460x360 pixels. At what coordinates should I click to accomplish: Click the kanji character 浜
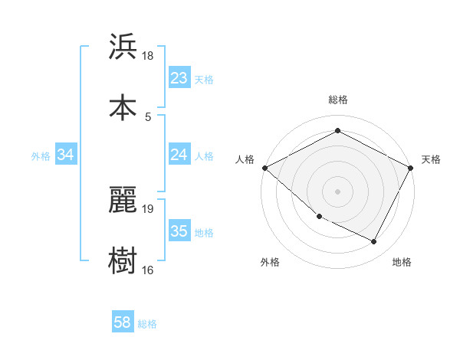123,47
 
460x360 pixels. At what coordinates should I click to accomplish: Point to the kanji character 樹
123,260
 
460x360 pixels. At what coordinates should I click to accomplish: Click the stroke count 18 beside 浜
148,56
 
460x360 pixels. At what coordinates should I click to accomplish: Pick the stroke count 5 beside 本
148,116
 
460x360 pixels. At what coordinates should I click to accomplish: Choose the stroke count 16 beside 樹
148,269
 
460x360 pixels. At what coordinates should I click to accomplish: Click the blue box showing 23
179,78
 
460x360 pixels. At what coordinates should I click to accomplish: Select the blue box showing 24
179,155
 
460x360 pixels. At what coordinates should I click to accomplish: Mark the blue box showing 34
66,155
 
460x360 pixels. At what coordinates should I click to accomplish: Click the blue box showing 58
123,323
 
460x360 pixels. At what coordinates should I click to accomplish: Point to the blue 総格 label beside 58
147,324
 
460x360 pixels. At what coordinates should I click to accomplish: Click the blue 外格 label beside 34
41,155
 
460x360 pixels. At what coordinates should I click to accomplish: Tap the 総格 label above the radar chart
337,100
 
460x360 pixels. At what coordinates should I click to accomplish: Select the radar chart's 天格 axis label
431,159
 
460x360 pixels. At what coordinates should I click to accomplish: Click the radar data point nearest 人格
264,168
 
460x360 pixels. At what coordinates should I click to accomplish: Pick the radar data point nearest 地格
374,241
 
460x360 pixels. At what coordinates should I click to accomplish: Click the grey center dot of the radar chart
337,191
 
